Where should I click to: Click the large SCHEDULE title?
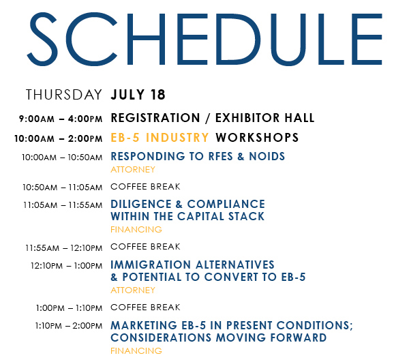point(204,39)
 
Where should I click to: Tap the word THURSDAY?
point(64,95)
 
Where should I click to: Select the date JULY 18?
point(138,95)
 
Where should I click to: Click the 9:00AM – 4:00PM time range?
point(61,119)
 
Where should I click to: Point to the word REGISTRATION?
point(155,118)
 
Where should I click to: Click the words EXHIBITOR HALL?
point(264,118)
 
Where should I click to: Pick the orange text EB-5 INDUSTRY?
point(160,138)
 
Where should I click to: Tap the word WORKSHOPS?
point(257,138)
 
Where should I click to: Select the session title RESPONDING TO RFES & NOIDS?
point(198,156)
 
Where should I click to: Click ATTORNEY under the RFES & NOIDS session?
point(133,170)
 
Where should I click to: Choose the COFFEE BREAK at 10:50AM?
point(145,187)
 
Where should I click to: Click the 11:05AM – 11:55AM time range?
point(63,205)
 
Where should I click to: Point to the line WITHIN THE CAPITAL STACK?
point(187,216)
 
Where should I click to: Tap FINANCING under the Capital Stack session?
point(136,230)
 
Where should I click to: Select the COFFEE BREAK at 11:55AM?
point(145,247)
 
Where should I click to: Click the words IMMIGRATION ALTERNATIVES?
point(192,265)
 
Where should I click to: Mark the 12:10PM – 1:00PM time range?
point(67,266)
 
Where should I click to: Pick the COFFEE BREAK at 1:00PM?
point(145,307)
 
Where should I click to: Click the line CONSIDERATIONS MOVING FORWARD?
point(219,337)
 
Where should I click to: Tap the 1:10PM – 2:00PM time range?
point(69,326)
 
